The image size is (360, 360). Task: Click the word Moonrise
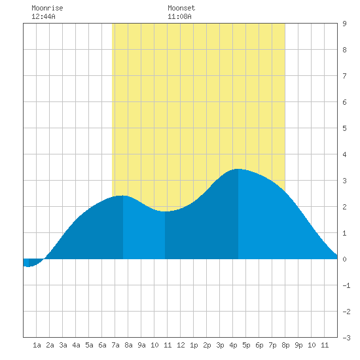tap(47, 8)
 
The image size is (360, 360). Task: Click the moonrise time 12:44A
tap(43, 16)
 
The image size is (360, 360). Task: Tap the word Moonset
tap(181, 8)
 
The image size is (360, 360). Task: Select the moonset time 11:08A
tap(179, 16)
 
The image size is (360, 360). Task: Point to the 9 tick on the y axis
tap(344, 24)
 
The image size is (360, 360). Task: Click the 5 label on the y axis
tap(344, 128)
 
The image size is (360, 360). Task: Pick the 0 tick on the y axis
tap(344, 259)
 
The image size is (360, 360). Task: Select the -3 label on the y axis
tap(346, 338)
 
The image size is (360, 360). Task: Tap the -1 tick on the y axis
tap(346, 285)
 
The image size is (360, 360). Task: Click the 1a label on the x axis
tap(37, 345)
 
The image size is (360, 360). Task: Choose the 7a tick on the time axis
tap(115, 345)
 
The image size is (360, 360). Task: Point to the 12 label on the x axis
tap(181, 345)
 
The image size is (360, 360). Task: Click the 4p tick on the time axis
tap(233, 345)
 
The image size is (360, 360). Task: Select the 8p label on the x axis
tap(285, 345)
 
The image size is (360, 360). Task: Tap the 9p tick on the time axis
tap(298, 345)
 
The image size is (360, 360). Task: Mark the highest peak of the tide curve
tap(238, 169)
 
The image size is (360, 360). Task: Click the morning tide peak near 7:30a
tap(122, 196)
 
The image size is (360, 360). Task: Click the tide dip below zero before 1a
tap(28, 266)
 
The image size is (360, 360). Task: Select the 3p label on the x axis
tap(220, 345)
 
